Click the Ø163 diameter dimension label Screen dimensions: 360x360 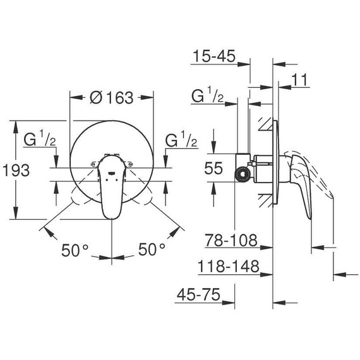(x=112, y=97)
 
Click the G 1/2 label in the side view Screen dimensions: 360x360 (x=207, y=95)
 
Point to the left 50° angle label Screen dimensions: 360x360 (x=75, y=249)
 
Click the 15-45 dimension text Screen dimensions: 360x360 (x=214, y=57)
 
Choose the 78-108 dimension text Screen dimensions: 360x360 (x=231, y=240)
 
